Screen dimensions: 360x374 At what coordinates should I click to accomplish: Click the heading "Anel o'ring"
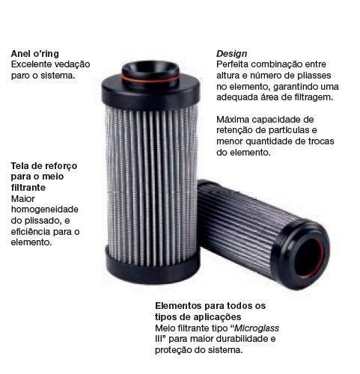pos(35,54)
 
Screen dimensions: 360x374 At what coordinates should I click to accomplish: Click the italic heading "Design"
pos(231,54)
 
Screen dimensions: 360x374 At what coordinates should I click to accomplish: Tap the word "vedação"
pos(72,64)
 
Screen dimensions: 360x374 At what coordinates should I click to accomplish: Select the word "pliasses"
pos(314,76)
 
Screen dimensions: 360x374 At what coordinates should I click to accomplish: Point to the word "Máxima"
pos(233,120)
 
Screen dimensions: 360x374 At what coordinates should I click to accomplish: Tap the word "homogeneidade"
pos(45,209)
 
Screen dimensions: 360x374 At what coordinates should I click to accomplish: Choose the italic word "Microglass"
pos(257,328)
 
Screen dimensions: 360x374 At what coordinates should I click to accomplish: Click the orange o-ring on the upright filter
pos(150,80)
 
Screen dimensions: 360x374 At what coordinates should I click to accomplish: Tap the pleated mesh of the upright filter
pos(152,185)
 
